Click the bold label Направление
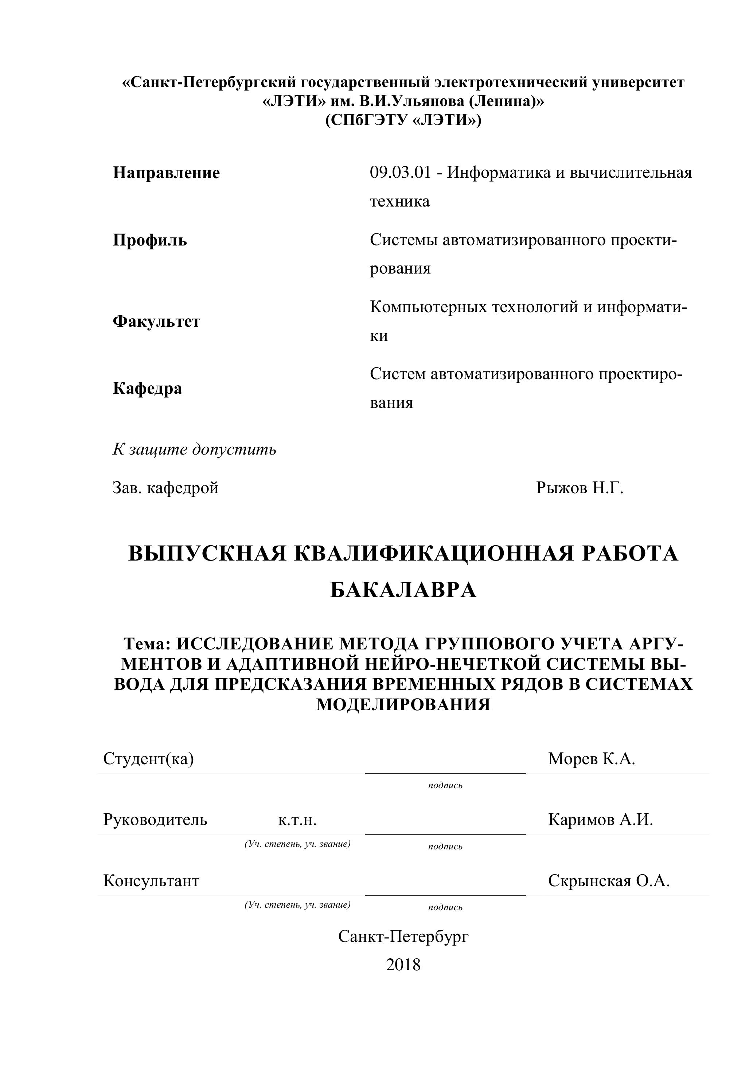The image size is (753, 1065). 166,173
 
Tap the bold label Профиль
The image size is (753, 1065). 150,240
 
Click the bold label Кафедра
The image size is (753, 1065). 147,388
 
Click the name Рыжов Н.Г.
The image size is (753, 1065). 580,488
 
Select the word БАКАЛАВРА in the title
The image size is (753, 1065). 403,590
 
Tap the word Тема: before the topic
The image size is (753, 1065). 148,644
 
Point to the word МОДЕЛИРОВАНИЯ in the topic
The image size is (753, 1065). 403,704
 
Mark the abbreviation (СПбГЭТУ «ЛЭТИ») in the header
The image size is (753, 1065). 403,120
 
